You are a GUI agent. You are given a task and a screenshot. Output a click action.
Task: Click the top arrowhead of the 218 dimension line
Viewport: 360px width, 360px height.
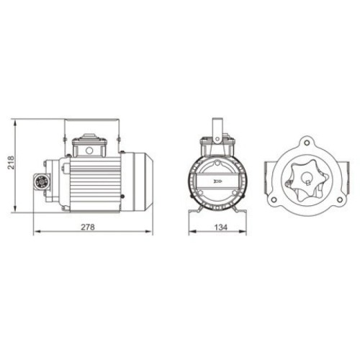pos(16,120)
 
